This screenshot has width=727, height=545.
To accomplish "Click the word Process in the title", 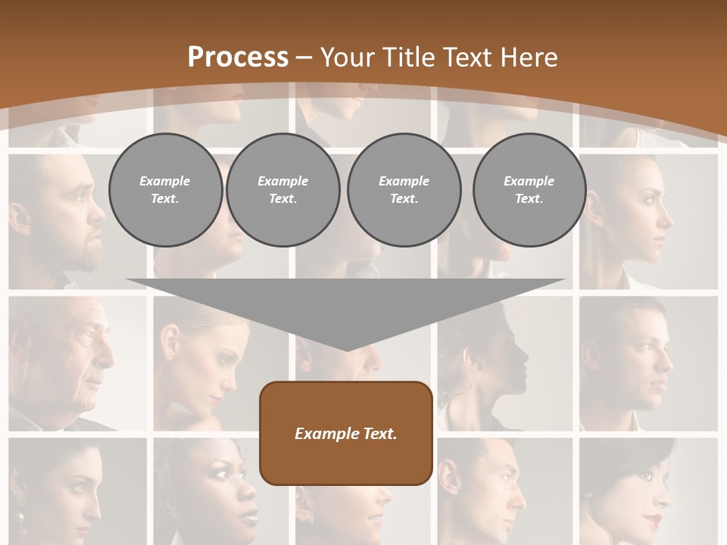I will (x=238, y=58).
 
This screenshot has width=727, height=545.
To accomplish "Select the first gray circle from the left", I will (x=165, y=190).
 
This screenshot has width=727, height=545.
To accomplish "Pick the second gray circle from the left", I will (x=282, y=190).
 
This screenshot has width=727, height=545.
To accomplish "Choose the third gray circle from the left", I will (x=404, y=190).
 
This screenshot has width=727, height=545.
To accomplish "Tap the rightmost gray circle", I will (x=529, y=190).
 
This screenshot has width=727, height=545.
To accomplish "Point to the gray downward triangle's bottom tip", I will (x=346, y=349).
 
